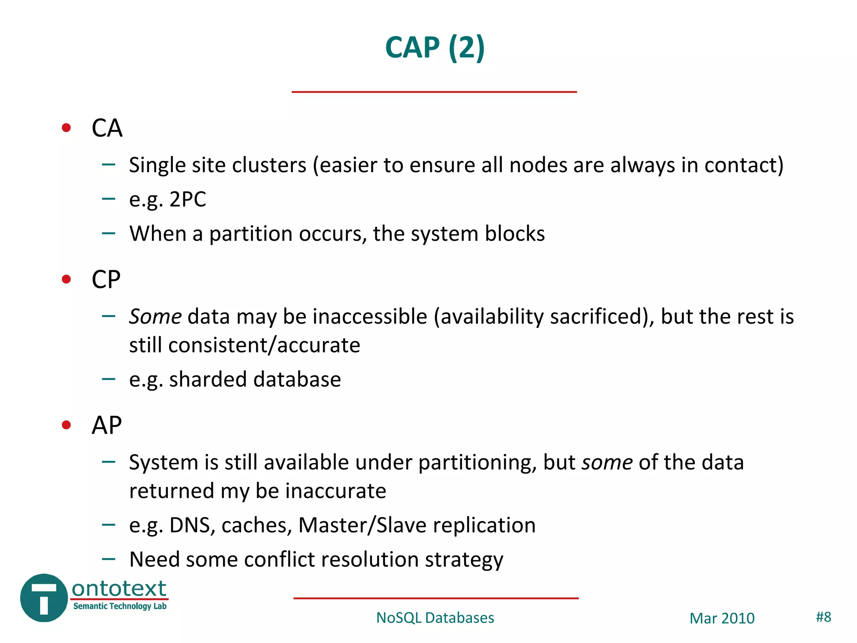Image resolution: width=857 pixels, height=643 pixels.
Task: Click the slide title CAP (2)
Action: point(434,47)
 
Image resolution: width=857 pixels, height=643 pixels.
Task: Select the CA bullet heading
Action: point(107,128)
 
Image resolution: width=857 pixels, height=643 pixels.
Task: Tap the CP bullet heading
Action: point(106,280)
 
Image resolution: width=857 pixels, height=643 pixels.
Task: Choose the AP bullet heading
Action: point(106,426)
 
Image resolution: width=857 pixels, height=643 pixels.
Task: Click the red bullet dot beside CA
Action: point(66,128)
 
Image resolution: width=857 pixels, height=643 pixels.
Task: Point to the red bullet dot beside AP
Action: point(66,425)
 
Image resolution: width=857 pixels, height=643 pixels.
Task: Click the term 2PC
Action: point(187,200)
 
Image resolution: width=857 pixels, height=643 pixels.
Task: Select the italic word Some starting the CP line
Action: point(155,316)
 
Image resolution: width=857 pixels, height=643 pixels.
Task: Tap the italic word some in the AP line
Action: point(607,463)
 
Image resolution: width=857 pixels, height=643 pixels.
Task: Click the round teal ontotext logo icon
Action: point(44,598)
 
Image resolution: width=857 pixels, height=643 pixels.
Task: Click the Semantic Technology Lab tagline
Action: point(120,606)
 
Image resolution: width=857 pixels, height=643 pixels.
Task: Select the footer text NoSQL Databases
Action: point(435,618)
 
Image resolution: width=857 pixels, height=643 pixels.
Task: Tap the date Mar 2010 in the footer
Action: point(722,618)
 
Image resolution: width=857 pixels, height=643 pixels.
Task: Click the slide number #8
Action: point(823,617)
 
